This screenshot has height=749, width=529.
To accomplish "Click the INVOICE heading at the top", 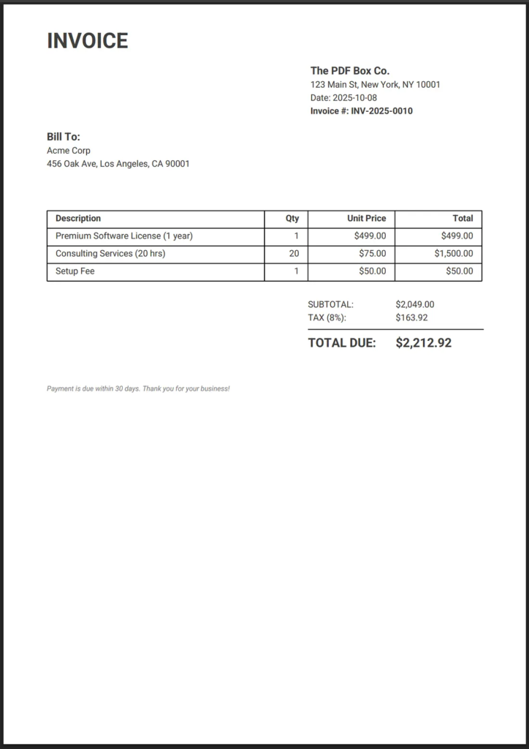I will pos(87,41).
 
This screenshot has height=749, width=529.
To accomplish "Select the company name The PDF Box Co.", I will pos(350,71).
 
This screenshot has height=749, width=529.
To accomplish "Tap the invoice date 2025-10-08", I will pos(355,98).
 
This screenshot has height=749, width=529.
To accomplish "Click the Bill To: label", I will pos(64,137).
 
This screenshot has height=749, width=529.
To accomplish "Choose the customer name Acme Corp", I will pos(69,151).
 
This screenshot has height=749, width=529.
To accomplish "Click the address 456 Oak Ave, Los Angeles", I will pos(118,164).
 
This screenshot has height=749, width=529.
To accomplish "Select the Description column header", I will pos(78,219).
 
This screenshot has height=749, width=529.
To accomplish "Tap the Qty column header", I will pos(292,219).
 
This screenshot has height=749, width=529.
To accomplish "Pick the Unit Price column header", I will pos(367,219).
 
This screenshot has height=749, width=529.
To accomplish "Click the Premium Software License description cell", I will pos(124,236).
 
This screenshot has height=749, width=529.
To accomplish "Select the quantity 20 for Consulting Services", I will pos(294,254).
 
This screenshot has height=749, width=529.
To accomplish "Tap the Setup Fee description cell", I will pos(75,271).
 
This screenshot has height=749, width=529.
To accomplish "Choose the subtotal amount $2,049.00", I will pos(414,304).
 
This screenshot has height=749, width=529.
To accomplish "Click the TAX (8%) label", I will pos(327,317).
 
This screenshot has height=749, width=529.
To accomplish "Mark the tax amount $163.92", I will pos(411,317).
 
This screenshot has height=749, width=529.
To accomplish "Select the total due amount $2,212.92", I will pos(423,343).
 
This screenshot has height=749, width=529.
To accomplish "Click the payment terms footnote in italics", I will pos(138,388).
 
